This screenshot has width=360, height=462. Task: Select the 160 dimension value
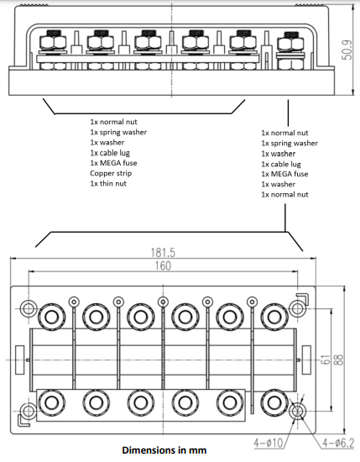click(x=162, y=266)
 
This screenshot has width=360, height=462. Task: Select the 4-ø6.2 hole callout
click(x=332, y=439)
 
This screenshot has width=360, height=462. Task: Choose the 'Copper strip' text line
click(x=112, y=174)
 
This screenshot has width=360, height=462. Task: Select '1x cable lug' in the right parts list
click(x=284, y=165)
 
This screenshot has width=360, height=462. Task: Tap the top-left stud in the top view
click(x=51, y=317)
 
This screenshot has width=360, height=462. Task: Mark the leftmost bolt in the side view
click(x=53, y=46)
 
